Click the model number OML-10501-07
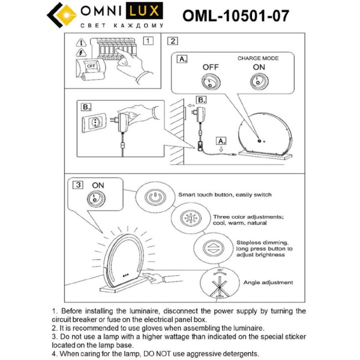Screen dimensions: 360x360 click(x=236, y=15)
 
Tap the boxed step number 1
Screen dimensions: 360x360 click(x=147, y=40)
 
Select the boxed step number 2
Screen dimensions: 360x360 click(x=173, y=40)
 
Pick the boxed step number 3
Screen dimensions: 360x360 click(x=79, y=185)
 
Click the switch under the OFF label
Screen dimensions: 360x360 click(x=211, y=83)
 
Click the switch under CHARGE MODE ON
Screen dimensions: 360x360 click(x=259, y=83)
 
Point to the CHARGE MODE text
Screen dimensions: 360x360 click(x=258, y=58)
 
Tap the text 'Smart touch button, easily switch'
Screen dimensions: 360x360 click(x=225, y=196)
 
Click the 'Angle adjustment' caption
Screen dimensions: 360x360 click(x=268, y=282)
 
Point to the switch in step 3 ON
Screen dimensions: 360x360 click(x=97, y=200)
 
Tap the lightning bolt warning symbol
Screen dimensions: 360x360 click(x=81, y=53)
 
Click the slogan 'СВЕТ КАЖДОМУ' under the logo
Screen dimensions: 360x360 click(x=122, y=26)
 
